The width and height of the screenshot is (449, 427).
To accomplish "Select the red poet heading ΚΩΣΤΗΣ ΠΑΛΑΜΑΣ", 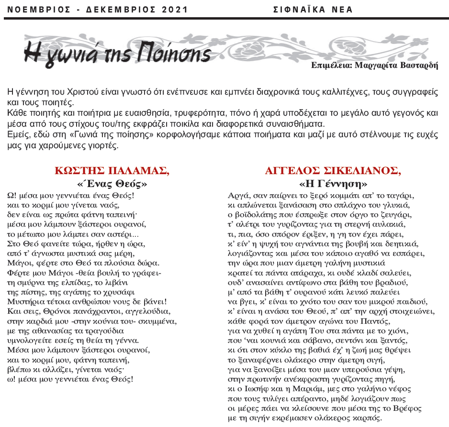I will (x=112, y=171).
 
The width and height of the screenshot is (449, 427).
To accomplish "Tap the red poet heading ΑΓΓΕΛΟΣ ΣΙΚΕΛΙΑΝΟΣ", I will (x=333, y=171).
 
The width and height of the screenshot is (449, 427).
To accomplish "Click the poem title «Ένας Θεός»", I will (x=112, y=184).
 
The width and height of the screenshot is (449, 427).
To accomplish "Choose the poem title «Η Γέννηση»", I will (x=333, y=184).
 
